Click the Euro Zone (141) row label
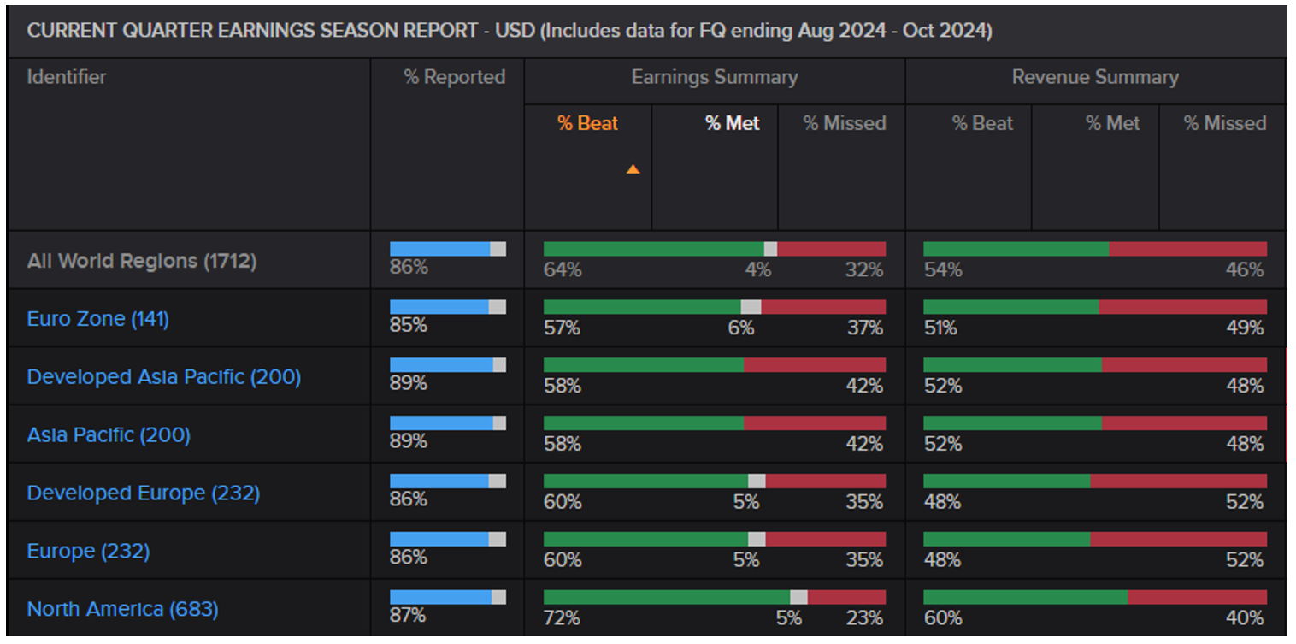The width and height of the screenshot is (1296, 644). (98, 319)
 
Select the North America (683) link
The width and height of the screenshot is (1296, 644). (122, 609)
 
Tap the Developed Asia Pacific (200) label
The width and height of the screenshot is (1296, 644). (164, 377)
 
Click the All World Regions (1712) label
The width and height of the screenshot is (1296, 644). (142, 261)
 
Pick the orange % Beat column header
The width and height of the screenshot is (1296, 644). (587, 123)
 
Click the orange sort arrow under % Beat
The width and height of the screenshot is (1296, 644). (633, 169)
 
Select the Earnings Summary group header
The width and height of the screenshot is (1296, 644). (714, 77)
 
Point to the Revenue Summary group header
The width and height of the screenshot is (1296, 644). (1095, 77)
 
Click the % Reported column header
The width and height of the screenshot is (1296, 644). (454, 77)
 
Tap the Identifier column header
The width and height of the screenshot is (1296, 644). (67, 77)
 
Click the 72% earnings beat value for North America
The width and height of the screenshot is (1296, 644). (562, 617)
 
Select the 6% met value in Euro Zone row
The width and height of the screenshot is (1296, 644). (740, 328)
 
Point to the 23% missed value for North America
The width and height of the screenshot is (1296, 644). (864, 617)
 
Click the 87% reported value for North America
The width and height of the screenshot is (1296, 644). (408, 615)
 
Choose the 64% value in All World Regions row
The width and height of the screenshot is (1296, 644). (563, 269)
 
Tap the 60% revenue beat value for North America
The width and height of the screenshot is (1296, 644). (942, 617)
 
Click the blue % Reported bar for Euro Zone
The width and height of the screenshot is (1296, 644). (439, 307)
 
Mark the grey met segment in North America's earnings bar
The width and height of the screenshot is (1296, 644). (798, 597)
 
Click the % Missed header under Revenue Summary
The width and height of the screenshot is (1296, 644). (1224, 123)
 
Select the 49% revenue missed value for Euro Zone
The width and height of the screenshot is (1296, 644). (1245, 328)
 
